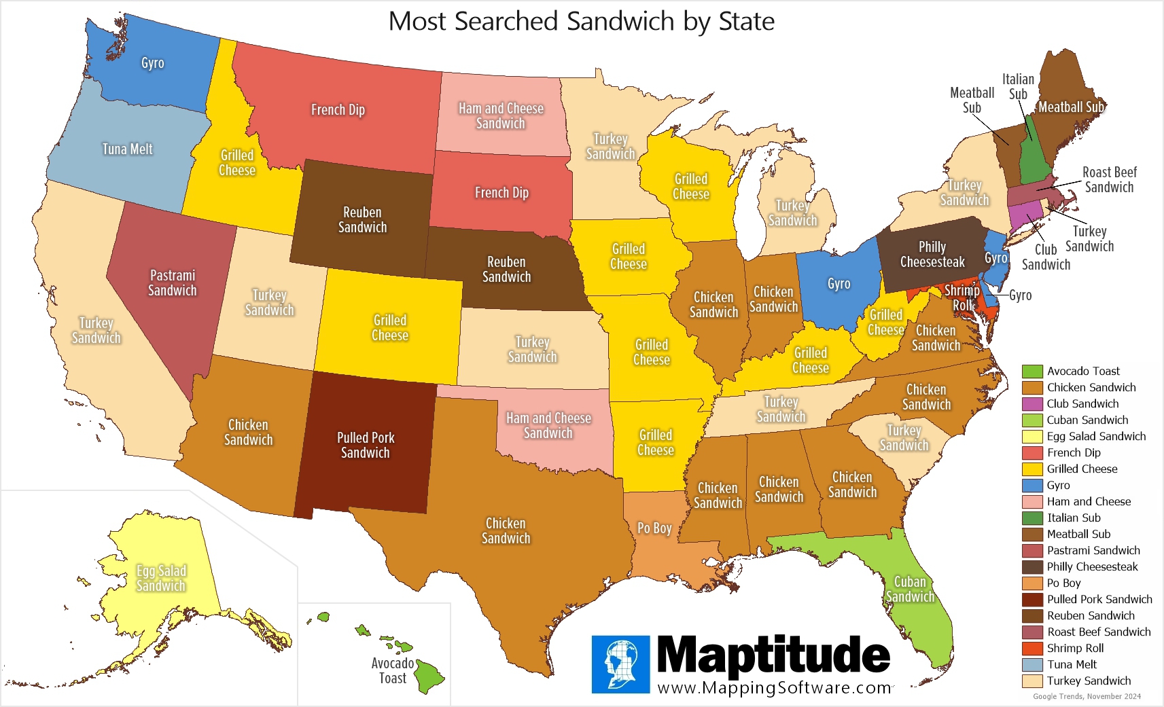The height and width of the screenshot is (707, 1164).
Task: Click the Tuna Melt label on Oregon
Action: pyautogui.click(x=127, y=149)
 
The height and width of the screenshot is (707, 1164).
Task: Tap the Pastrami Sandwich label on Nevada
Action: pyautogui.click(x=173, y=283)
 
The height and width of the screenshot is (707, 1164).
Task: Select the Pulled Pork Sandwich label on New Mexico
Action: pyautogui.click(x=366, y=445)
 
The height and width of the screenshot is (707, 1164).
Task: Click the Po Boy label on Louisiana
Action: pyautogui.click(x=654, y=528)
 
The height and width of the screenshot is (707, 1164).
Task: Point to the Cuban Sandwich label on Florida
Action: pyautogui.click(x=910, y=589)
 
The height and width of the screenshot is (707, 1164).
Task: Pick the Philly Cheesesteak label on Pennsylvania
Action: pyautogui.click(x=932, y=254)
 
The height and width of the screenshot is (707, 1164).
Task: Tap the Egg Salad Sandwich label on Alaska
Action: pyautogui.click(x=161, y=578)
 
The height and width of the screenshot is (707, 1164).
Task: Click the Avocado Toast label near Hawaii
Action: pyautogui.click(x=393, y=670)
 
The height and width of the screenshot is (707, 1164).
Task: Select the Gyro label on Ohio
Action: pyautogui.click(x=839, y=284)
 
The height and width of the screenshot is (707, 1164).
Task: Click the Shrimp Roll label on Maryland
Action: pyautogui.click(x=962, y=297)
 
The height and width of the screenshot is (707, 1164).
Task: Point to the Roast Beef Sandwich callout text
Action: pyautogui.click(x=1109, y=179)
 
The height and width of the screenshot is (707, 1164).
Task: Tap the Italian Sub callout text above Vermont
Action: pyautogui.click(x=1018, y=86)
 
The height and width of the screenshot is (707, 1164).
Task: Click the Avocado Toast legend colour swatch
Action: pyautogui.click(x=1032, y=371)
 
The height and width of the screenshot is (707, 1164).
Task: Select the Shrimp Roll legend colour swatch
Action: pyautogui.click(x=1032, y=648)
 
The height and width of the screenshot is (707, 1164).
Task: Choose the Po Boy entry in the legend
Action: pyautogui.click(x=1063, y=583)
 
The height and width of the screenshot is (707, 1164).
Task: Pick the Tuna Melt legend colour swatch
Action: pyautogui.click(x=1032, y=664)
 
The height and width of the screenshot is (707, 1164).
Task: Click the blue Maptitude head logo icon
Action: pyautogui.click(x=620, y=664)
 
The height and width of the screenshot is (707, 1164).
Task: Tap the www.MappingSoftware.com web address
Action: pyautogui.click(x=774, y=687)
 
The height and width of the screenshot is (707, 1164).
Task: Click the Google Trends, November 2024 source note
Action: pyautogui.click(x=1087, y=696)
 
